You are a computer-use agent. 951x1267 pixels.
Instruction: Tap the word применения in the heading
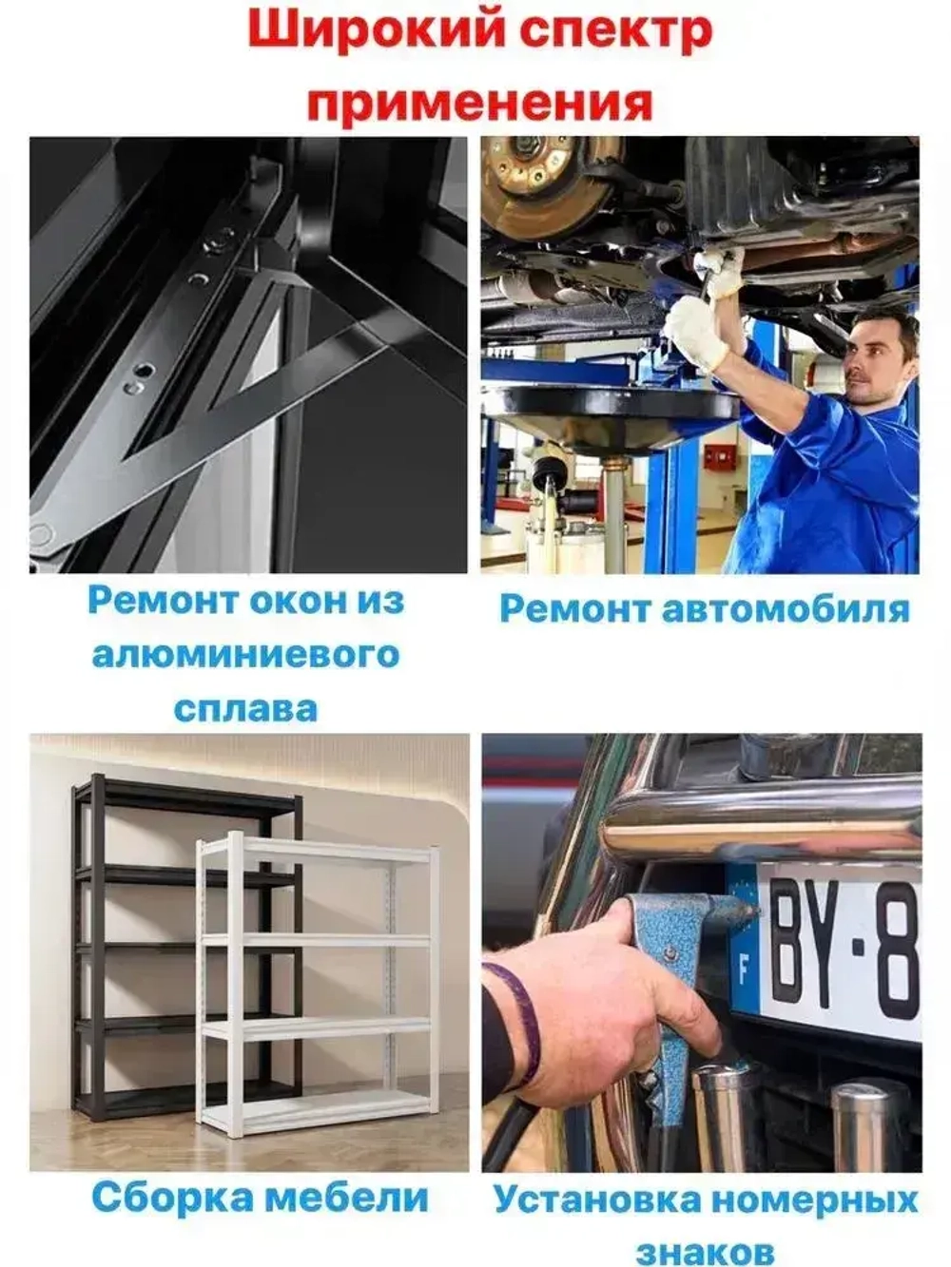(x=478, y=99)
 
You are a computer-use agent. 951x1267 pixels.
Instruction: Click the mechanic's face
(x=873, y=360)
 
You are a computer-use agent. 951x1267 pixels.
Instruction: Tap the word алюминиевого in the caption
(x=245, y=656)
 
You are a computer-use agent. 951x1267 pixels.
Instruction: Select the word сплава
(x=245, y=708)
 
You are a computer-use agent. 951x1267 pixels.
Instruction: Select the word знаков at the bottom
(x=705, y=1250)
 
